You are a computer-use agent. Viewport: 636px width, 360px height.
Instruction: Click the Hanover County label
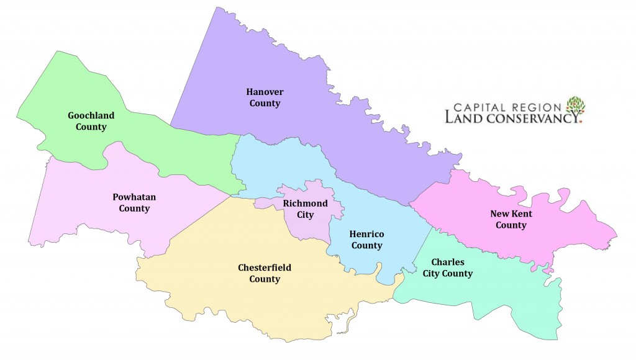pyautogui.click(x=265, y=97)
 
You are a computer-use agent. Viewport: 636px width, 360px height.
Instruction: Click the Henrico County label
pyautogui.click(x=366, y=239)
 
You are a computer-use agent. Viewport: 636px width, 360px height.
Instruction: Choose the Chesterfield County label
pyautogui.click(x=265, y=273)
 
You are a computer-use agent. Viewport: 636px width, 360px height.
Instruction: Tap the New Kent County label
pyautogui.click(x=511, y=219)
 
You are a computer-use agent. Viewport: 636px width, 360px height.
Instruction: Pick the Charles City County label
pyautogui.click(x=443, y=268)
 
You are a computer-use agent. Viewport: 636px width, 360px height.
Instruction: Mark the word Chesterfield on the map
pyautogui.click(x=265, y=268)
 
